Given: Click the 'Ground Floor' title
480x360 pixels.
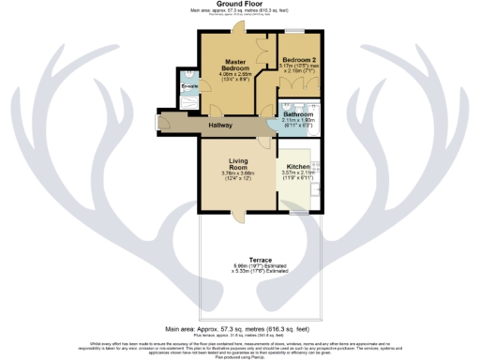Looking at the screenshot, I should pos(239,4).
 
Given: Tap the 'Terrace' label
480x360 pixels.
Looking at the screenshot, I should pos(260,258).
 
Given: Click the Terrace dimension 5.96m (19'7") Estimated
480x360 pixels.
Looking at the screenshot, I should pos(260,265).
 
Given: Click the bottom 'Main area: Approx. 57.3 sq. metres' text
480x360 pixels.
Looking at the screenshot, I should pos(239,329).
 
